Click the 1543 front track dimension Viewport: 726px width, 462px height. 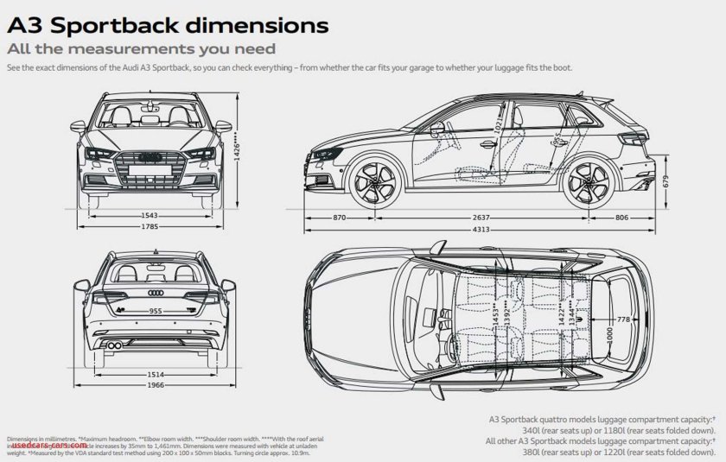[x=150, y=216]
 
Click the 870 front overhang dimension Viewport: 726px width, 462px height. [x=340, y=218]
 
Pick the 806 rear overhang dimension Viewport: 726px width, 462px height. [x=645, y=218]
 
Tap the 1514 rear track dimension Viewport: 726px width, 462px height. [x=156, y=374]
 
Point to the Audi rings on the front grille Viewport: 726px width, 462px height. [x=150, y=156]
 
